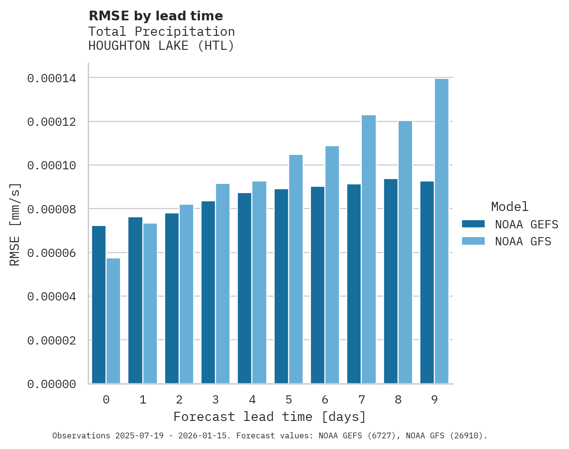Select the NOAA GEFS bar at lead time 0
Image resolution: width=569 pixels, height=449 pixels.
pyautogui.click(x=99, y=305)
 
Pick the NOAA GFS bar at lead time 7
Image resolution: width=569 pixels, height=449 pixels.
pyautogui.click(x=369, y=249)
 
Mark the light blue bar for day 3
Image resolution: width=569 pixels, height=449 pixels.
pyautogui.click(x=223, y=284)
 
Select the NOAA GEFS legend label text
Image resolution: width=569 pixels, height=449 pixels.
pyautogui.click(x=523, y=224)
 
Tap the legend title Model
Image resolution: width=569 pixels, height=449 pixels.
pyautogui.click(x=509, y=207)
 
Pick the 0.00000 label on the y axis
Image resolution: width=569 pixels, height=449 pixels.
pyautogui.click(x=51, y=384)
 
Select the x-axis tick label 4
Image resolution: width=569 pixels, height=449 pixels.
pyautogui.click(x=252, y=400)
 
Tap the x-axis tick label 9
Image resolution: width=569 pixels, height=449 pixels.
pyautogui.click(x=434, y=400)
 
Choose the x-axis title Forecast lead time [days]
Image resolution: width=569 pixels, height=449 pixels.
pyautogui.click(x=270, y=417)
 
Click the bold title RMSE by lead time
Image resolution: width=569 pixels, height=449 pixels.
pyautogui.click(x=156, y=16)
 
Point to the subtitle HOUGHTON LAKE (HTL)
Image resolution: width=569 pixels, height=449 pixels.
pyautogui.click(x=161, y=46)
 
